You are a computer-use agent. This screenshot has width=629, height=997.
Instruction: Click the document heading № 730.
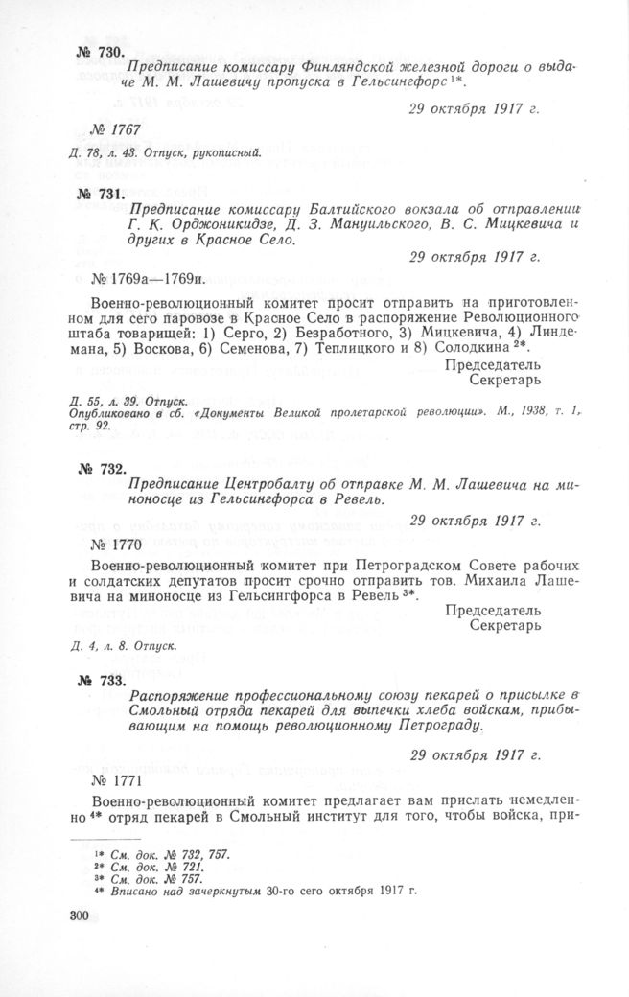(99, 51)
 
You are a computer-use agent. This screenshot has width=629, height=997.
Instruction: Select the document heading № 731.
(99, 194)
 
